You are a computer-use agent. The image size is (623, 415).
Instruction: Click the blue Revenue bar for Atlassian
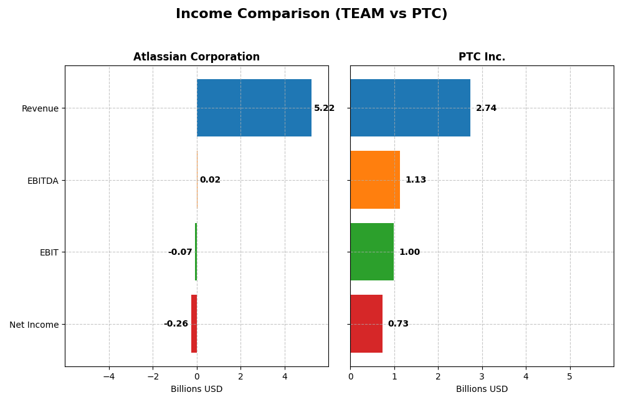254,108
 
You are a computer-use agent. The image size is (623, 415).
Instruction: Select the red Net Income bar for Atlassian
194,324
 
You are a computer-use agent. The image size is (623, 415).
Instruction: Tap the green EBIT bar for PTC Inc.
372,252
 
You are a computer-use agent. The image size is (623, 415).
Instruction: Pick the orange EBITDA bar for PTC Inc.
375,180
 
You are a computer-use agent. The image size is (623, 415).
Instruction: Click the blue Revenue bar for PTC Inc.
410,108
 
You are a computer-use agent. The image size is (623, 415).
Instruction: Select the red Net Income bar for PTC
366,324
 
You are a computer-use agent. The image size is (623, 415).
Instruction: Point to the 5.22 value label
324,108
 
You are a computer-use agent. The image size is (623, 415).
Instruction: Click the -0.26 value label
176,324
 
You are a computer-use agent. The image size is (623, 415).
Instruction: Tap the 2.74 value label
486,108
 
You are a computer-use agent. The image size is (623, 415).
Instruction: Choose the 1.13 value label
416,180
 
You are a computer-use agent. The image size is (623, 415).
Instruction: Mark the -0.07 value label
180,252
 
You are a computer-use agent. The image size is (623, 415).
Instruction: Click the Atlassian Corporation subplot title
196,57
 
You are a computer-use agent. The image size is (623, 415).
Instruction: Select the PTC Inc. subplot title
482,57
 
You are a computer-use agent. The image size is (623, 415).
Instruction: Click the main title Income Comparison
311,14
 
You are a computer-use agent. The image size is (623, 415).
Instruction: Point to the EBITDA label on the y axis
42,181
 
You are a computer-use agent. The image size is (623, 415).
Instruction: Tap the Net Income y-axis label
34,325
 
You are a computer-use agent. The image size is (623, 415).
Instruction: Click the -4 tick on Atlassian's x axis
109,376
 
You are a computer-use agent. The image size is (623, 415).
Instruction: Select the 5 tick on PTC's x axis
569,376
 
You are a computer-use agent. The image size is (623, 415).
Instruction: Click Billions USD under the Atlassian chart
196,389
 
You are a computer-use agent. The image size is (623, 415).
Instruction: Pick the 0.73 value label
398,324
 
